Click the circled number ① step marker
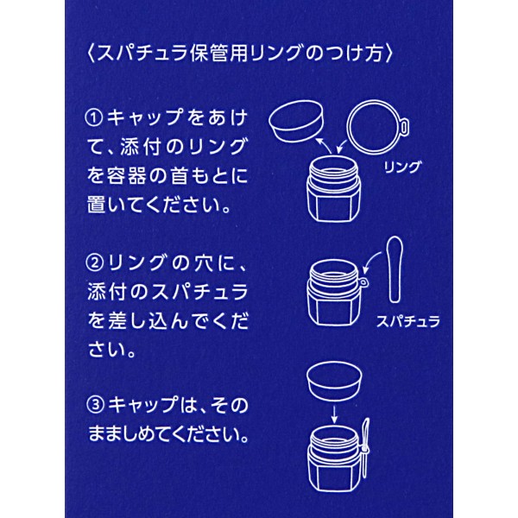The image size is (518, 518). [x=94, y=118]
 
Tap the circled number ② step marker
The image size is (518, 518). [x=94, y=263]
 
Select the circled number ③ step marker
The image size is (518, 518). [x=96, y=405]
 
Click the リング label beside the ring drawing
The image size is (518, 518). [x=402, y=167]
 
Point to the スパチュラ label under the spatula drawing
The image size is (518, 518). [x=408, y=321]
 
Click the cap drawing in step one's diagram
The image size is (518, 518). [x=296, y=121]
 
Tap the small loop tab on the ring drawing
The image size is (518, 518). [x=404, y=126]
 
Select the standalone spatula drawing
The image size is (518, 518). [x=395, y=269]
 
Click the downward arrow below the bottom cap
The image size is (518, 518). [x=334, y=414]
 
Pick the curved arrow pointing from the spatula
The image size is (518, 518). [x=370, y=261]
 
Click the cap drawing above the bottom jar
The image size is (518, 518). [x=334, y=382]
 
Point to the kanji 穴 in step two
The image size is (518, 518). [x=204, y=263]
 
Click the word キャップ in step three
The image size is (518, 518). [x=143, y=405]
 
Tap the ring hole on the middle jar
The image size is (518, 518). [x=363, y=283]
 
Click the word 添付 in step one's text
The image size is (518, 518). [x=140, y=147]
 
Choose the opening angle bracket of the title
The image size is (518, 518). [x=91, y=54]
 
